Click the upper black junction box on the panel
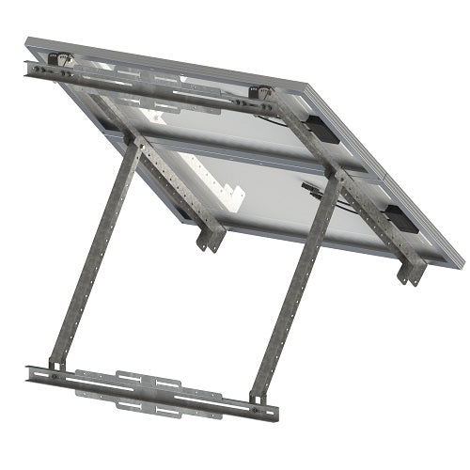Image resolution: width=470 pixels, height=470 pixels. tap(323, 130)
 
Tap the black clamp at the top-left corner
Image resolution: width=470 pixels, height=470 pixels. tap(58, 58)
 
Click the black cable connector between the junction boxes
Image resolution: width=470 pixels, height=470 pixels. tap(310, 189)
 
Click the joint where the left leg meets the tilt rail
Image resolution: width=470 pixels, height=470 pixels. tap(133, 146)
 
